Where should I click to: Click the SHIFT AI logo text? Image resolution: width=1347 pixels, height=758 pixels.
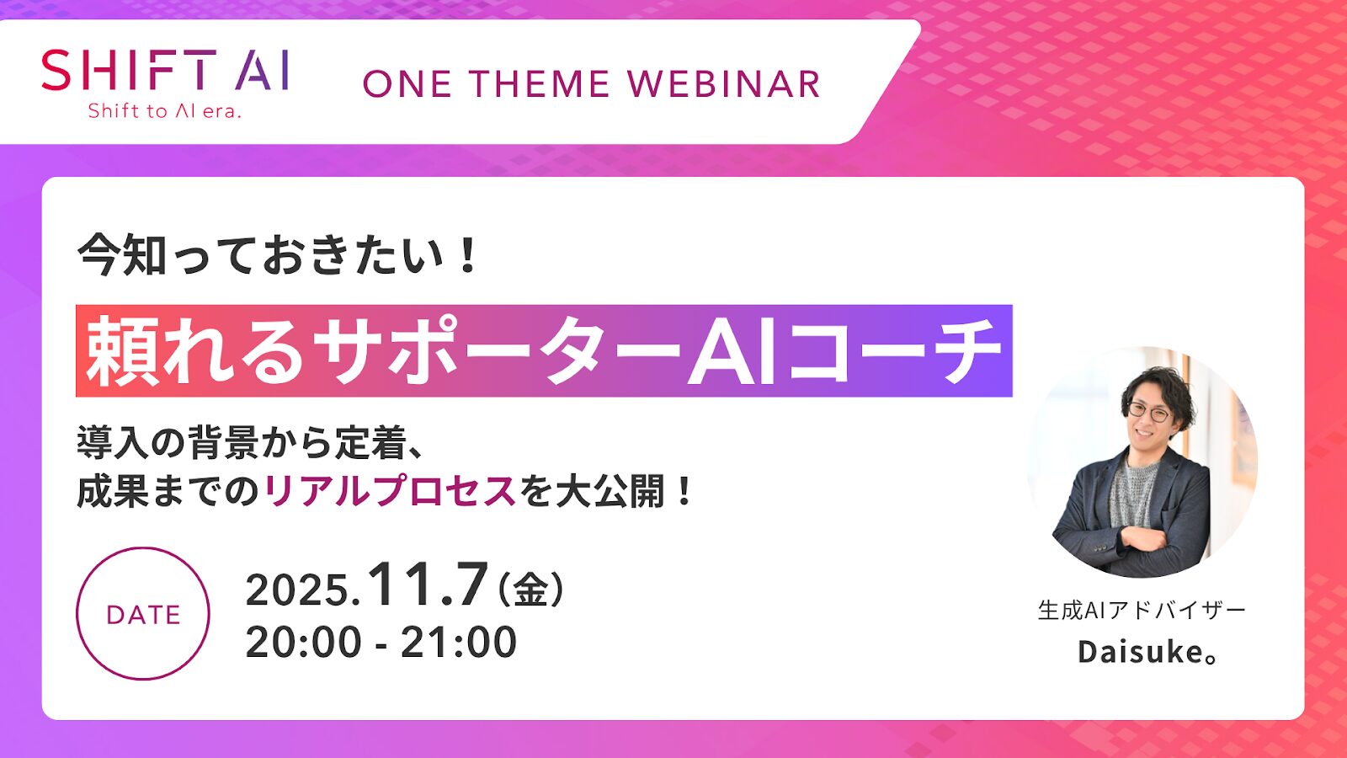click(x=166, y=70)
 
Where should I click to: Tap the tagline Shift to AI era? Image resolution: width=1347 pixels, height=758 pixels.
click(x=165, y=111)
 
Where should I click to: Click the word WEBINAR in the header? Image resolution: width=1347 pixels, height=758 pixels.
click(x=724, y=84)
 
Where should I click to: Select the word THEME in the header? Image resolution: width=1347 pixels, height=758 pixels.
click(x=539, y=84)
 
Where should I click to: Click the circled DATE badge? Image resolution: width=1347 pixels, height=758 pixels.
click(x=143, y=613)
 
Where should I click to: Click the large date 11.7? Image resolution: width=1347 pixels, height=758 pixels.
click(x=428, y=585)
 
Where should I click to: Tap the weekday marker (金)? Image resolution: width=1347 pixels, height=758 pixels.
click(x=531, y=589)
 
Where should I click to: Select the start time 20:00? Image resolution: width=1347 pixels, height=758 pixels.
click(x=303, y=643)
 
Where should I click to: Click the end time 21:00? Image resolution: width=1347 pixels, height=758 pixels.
click(x=459, y=643)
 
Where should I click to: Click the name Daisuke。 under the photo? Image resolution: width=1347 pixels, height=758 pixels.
click(x=1147, y=652)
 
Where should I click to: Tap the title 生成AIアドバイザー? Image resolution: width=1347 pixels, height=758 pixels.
click(x=1141, y=610)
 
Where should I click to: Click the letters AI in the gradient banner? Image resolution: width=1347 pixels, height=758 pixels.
click(x=732, y=352)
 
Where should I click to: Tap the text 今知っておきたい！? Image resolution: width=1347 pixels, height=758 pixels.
click(x=278, y=255)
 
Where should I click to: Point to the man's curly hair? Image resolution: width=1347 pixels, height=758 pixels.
click(x=1158, y=383)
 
